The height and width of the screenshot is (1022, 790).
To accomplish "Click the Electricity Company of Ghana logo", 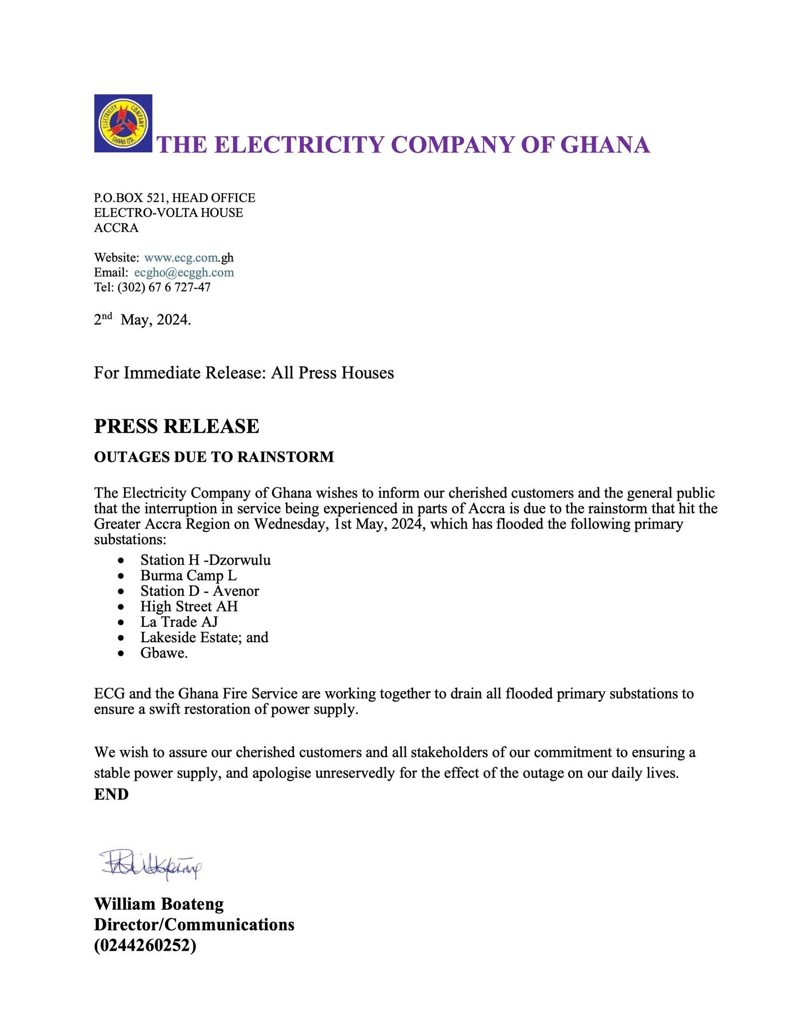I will [123, 123].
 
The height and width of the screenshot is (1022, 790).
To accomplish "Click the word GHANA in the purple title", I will [605, 145].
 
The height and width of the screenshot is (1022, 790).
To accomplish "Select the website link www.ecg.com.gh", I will [189, 258].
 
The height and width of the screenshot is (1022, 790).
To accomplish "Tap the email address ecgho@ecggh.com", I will [184, 272].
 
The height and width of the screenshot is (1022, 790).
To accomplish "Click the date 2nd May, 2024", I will [142, 319].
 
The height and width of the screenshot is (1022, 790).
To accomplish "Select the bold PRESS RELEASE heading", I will [177, 426].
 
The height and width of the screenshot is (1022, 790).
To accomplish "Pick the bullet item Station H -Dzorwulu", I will [205, 560].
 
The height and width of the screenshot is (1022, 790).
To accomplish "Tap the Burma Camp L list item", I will [188, 575].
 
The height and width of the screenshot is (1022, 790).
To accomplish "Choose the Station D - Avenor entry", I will [200, 591].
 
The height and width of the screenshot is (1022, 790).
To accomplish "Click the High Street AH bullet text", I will [189, 606].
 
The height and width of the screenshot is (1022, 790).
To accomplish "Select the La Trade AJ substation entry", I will [179, 622].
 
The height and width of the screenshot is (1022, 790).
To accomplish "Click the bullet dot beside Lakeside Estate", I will [120, 638].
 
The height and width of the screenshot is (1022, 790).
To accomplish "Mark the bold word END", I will [111, 794].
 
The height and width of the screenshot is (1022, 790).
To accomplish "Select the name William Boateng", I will [159, 904].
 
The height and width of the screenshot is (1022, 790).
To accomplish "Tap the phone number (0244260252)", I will [145, 945].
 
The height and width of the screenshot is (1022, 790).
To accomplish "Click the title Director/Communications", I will [194, 925].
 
